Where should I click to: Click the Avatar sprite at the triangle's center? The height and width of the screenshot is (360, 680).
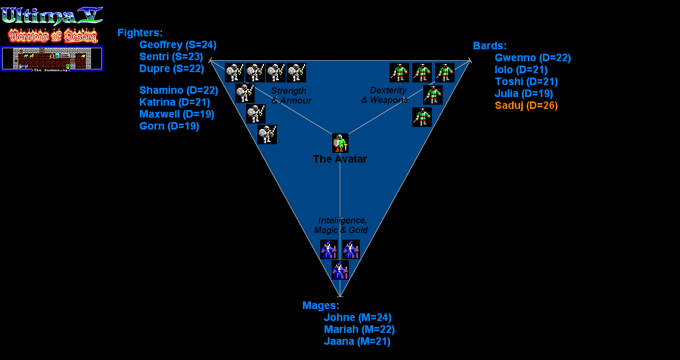coord(340,143)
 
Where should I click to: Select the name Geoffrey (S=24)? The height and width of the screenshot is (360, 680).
coord(178,45)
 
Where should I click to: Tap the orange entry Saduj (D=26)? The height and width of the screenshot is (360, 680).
coord(526,106)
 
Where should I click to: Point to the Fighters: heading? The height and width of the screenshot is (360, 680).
coord(140,33)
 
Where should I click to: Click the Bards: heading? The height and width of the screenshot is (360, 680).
coord(489,46)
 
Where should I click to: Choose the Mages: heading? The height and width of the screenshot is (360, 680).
coord(320,306)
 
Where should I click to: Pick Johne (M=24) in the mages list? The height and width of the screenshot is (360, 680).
coord(358,318)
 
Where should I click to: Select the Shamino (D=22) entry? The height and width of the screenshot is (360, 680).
coord(178,91)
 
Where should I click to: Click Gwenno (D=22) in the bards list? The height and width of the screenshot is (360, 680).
coord(533,58)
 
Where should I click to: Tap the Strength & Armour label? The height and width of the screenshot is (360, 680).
coord(290,95)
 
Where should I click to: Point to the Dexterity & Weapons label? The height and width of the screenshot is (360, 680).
coord(384,95)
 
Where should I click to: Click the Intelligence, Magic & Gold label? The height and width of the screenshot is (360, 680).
coord(342,225)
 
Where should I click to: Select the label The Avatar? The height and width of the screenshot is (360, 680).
coord(340,159)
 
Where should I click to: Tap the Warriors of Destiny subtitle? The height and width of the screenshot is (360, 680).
coord(53,36)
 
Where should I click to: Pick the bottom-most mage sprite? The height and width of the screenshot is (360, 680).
coord(340,269)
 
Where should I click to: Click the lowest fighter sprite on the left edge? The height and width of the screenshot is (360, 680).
coord(267,134)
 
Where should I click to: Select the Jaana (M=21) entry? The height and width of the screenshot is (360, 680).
coord(357,342)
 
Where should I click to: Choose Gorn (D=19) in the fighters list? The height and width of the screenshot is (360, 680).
coord(169,126)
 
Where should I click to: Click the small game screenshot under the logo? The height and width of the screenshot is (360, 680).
coord(52,59)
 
